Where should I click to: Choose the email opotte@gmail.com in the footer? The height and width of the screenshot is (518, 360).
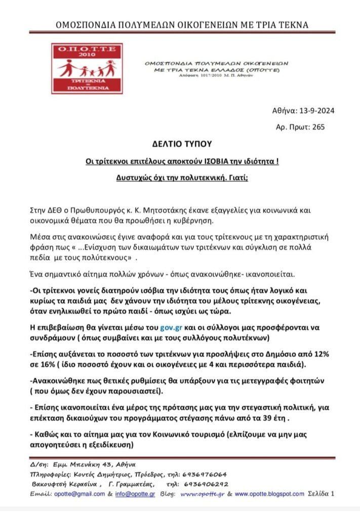click(77, 494)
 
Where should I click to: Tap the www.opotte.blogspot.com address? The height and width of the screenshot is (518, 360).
click(269, 494)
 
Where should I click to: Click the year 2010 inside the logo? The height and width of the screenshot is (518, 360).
click(86, 54)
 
